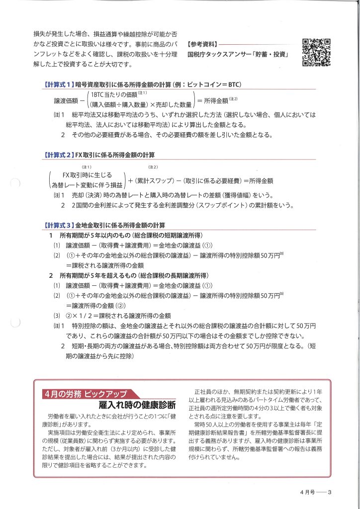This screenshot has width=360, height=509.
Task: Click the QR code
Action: (317, 52)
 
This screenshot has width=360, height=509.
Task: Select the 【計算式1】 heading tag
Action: (59, 85)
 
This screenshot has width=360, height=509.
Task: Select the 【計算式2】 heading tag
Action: (59, 155)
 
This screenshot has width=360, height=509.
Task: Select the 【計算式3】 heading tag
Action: (59, 225)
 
